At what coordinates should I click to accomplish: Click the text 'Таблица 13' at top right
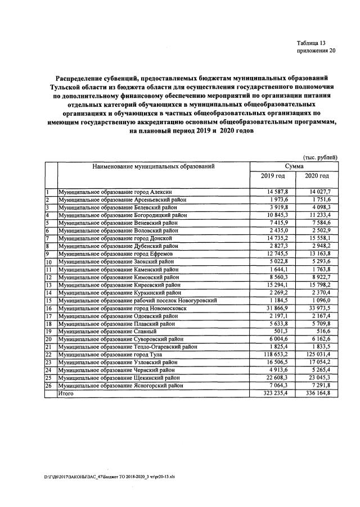[311, 43]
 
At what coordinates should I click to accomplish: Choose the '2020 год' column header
[317, 177]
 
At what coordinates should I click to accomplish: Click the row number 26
[49, 385]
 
